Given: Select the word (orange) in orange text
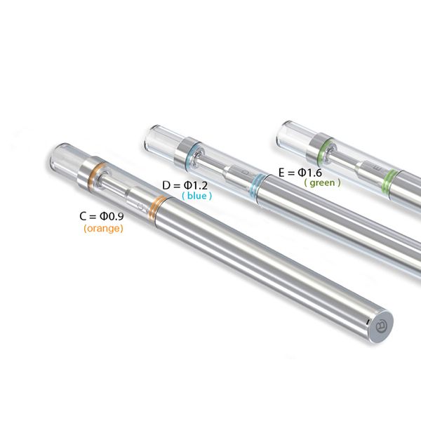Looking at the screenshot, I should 103,229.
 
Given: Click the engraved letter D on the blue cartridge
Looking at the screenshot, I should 244,171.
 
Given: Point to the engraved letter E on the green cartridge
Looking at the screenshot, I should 374,168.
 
